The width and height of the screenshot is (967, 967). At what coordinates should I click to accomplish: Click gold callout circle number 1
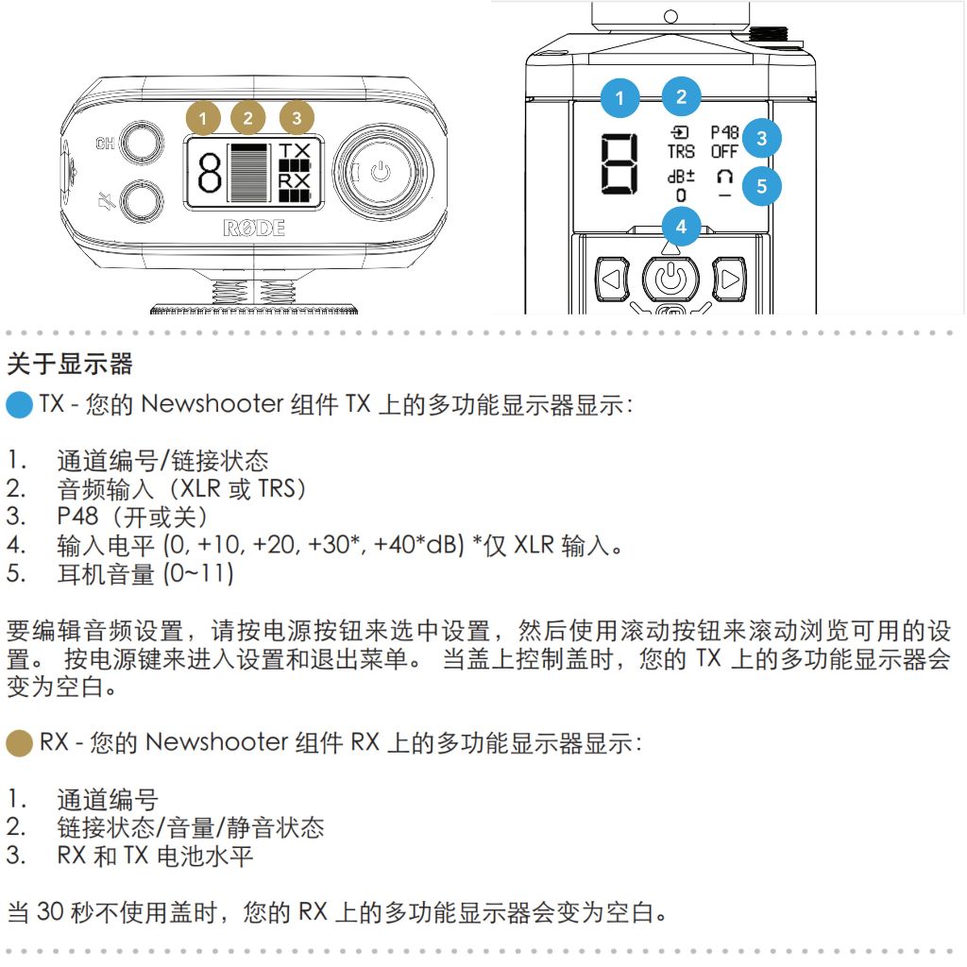pyautogui.click(x=203, y=117)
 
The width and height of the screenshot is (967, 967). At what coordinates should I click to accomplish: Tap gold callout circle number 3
pyautogui.click(x=297, y=117)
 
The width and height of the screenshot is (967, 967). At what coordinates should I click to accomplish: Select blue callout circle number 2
pyautogui.click(x=681, y=96)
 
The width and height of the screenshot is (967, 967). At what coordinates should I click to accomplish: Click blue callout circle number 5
pyautogui.click(x=762, y=186)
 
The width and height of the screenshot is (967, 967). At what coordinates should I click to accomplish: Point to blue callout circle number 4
pyautogui.click(x=681, y=227)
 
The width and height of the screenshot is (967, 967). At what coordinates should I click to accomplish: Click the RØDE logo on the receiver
pyautogui.click(x=254, y=229)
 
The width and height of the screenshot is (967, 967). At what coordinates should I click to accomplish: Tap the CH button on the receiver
pyautogui.click(x=142, y=144)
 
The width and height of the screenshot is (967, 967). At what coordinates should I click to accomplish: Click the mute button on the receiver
pyautogui.click(x=142, y=200)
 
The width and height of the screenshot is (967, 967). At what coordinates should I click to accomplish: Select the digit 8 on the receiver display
pyautogui.click(x=210, y=172)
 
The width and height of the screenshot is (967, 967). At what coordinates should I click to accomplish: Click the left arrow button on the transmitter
pyautogui.click(x=612, y=279)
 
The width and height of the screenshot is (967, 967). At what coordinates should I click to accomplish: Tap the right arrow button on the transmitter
pyautogui.click(x=729, y=279)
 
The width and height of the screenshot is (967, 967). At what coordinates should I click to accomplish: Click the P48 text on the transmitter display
pyautogui.click(x=724, y=132)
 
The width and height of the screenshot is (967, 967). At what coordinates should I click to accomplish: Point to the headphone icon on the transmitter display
pyautogui.click(x=724, y=177)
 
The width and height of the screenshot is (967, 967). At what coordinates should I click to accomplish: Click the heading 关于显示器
pyautogui.click(x=70, y=364)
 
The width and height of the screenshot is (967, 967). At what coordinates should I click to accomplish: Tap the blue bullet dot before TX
pyautogui.click(x=19, y=405)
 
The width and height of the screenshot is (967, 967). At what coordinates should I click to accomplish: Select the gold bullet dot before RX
pyautogui.click(x=19, y=743)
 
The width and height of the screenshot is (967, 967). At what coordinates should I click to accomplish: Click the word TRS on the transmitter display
pyautogui.click(x=681, y=152)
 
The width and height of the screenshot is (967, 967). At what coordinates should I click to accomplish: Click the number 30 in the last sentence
pyautogui.click(x=51, y=911)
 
